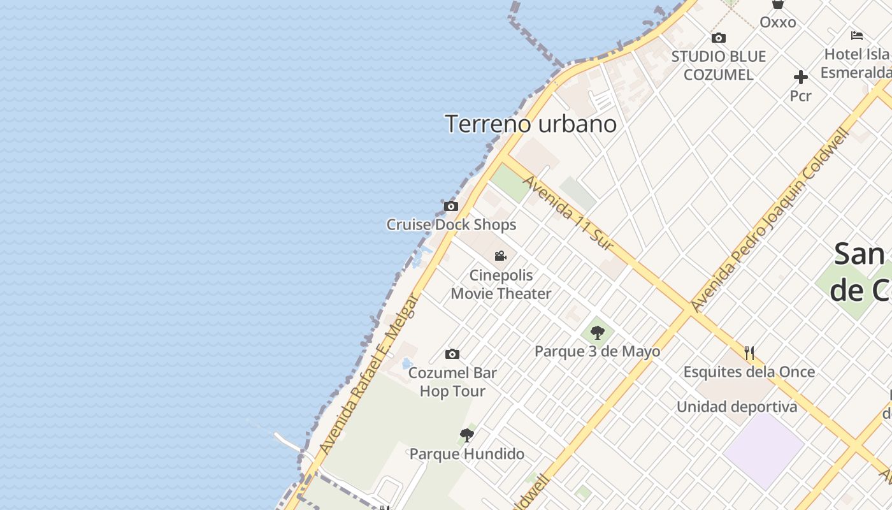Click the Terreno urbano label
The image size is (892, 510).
(x=531, y=124)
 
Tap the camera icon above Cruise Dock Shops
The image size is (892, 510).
(x=451, y=206)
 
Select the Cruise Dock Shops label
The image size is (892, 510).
(x=451, y=225)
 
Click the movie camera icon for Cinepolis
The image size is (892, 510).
(x=501, y=256)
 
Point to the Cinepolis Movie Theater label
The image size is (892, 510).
(x=501, y=284)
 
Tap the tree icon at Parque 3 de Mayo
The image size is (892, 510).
(x=597, y=332)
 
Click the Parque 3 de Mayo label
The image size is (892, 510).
(x=597, y=351)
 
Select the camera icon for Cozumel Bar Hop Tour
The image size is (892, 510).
(x=452, y=354)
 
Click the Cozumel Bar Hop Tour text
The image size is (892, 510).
(x=452, y=382)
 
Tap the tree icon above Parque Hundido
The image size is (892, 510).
(x=467, y=435)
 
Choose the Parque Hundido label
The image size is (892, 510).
(x=467, y=454)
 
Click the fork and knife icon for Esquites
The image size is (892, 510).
(x=749, y=353)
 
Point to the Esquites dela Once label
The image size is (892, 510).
(x=749, y=372)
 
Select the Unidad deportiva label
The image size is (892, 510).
(x=737, y=407)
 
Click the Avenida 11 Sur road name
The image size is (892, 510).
(x=568, y=213)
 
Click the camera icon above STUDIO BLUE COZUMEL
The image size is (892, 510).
(x=719, y=38)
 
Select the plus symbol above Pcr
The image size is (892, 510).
(x=801, y=78)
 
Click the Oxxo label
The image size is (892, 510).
(x=778, y=22)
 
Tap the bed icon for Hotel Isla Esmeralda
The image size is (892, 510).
(x=857, y=36)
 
